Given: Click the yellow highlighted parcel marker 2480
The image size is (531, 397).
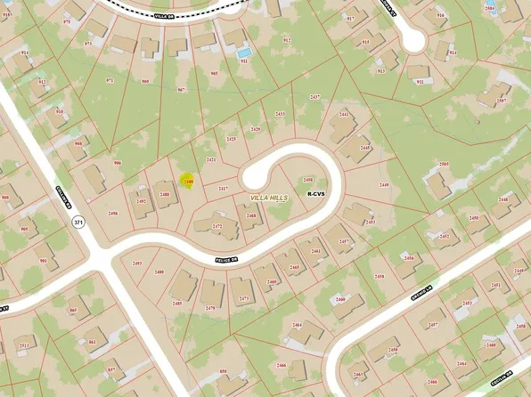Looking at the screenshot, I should [x=187, y=182].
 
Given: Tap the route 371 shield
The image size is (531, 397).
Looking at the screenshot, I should [x=78, y=222].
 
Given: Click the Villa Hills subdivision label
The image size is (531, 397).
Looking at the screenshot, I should [x=268, y=198].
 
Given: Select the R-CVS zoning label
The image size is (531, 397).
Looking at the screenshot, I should [x=315, y=193].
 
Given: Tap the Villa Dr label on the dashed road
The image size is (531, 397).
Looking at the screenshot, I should [x=161, y=16].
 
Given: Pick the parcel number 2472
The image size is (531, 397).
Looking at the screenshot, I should [x=216, y=226].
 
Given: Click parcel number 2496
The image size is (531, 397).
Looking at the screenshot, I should [x=113, y=214].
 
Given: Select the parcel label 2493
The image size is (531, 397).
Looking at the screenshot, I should [x=136, y=263].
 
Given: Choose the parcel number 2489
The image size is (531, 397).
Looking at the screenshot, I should [x=159, y=272].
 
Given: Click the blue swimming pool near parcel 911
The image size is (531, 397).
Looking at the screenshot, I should [x=243, y=53].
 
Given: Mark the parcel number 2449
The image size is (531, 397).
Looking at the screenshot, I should [x=384, y=184].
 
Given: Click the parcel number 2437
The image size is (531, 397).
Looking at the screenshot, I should [x=314, y=96].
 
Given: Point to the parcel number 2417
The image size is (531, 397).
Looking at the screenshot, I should [x=223, y=188].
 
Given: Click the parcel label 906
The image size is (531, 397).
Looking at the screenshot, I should [x=117, y=163].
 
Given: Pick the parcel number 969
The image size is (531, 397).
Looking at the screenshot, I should [x=145, y=81].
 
